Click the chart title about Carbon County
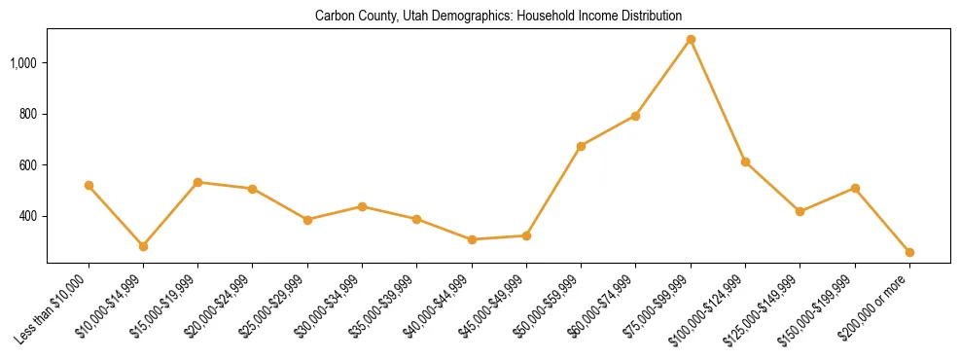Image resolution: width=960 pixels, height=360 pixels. (x=498, y=17)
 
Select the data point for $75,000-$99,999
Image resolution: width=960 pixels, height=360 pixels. (x=691, y=40)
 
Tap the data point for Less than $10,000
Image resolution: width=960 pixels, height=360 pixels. (x=89, y=185)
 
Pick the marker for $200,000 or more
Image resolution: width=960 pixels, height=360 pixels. (x=909, y=252)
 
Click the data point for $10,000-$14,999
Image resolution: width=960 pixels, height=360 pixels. (x=143, y=246)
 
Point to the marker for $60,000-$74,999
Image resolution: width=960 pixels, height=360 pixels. (x=635, y=116)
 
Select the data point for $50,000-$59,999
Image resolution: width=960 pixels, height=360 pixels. (x=581, y=146)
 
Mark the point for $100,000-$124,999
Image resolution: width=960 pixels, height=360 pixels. (x=745, y=162)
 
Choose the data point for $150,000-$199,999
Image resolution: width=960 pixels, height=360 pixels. (x=855, y=188)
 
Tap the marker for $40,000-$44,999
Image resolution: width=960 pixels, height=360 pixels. (x=472, y=239)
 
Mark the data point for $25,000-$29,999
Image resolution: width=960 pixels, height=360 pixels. (x=307, y=220)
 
